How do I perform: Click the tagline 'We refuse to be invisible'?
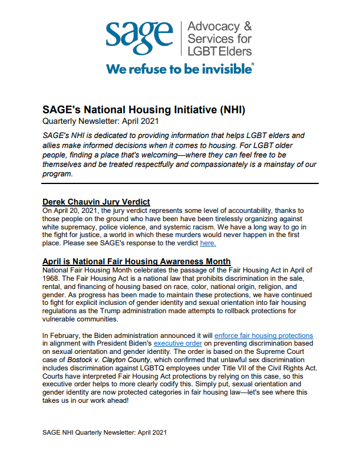(180, 68)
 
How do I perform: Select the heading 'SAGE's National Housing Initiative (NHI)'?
(144, 110)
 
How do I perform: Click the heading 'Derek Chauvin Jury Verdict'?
(96, 202)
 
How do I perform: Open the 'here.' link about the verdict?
(208, 242)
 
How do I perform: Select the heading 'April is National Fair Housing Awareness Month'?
(128, 261)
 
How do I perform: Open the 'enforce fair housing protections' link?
(263, 336)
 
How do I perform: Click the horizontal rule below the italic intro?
(180, 183)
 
